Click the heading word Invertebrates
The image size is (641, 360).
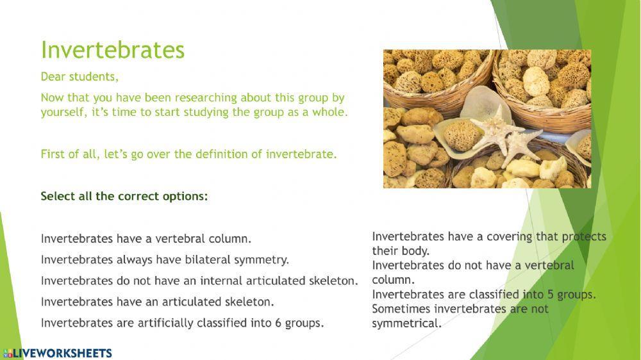point(112,50)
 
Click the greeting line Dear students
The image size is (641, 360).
point(79,77)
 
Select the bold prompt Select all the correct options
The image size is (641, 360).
point(124,197)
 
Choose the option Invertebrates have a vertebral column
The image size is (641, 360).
point(146,239)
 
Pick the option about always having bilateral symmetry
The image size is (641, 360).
point(165,260)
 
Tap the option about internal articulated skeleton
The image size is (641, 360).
point(199,281)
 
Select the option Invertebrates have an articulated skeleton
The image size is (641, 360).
point(158,302)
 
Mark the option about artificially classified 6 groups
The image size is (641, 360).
point(182,323)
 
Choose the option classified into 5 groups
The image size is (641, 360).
point(484,295)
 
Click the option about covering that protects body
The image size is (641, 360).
point(489,243)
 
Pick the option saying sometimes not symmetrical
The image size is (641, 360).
point(460,316)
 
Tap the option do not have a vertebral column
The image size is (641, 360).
point(473,272)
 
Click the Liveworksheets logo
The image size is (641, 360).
point(58,353)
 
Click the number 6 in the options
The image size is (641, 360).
point(278,323)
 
